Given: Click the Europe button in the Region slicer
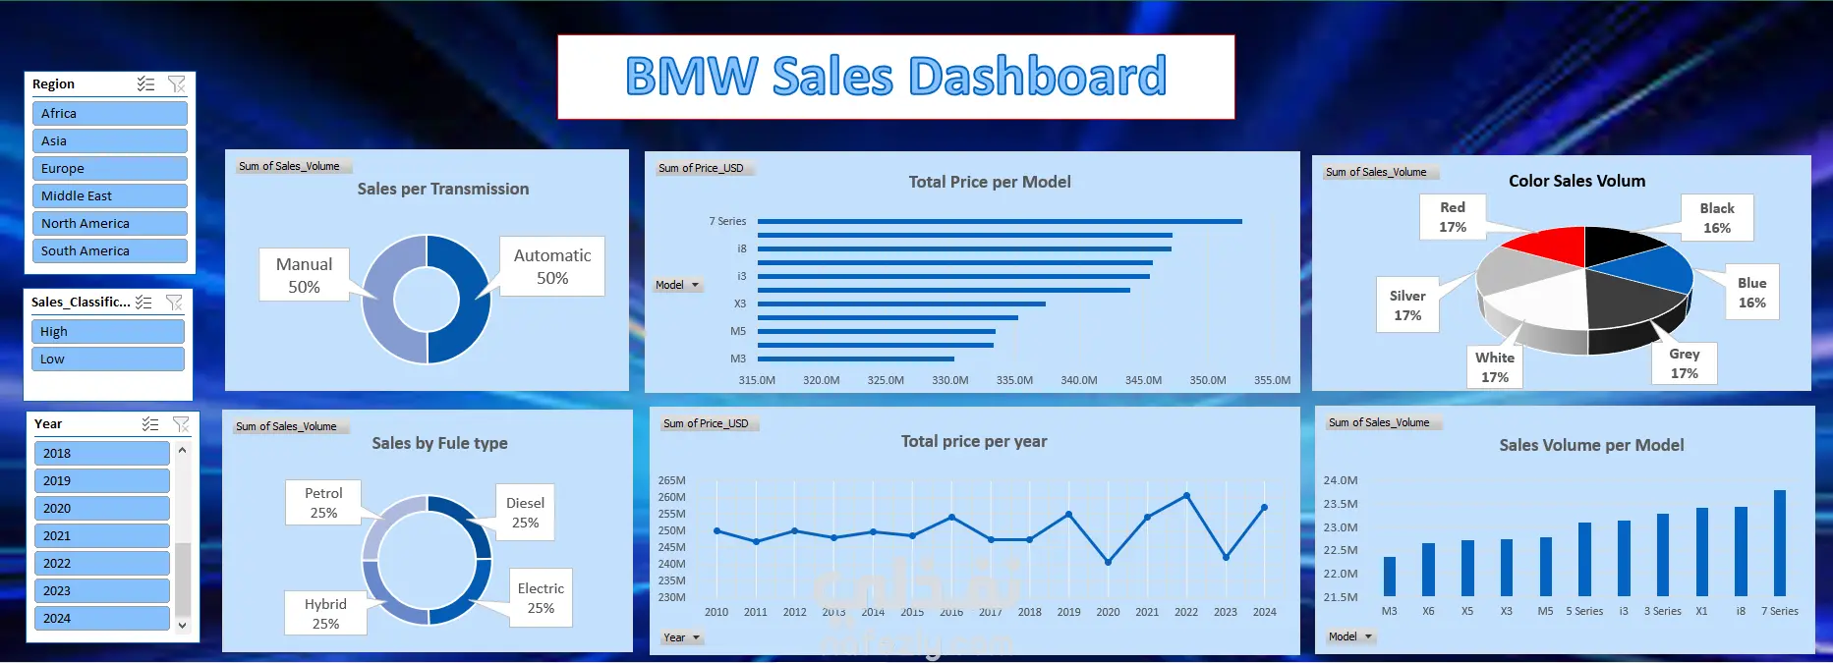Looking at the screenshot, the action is (x=109, y=168).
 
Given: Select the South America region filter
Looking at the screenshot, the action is (x=109, y=250).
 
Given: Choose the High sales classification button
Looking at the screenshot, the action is (x=107, y=331).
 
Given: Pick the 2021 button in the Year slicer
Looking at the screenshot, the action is (x=102, y=535).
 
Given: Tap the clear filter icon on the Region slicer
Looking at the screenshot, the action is (x=177, y=83).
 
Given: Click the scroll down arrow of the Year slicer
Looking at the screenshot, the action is (x=182, y=625).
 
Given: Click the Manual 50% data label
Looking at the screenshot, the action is (x=305, y=275).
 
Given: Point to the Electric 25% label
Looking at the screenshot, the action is (x=541, y=598).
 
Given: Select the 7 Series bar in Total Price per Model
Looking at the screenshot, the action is (x=1000, y=221).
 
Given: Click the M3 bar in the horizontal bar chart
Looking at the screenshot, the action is (x=856, y=359).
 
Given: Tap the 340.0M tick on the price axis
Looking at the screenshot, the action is (x=1079, y=380).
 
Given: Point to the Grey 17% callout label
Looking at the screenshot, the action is (x=1684, y=363).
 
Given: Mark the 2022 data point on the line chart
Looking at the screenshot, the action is (x=1186, y=495).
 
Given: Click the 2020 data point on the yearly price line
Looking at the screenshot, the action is (x=1108, y=562).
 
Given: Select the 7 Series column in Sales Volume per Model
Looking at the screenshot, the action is (x=1779, y=543).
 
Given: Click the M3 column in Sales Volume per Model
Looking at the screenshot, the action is (x=1389, y=577).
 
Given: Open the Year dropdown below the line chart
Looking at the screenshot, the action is (x=681, y=637).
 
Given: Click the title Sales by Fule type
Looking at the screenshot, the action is (x=439, y=443).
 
